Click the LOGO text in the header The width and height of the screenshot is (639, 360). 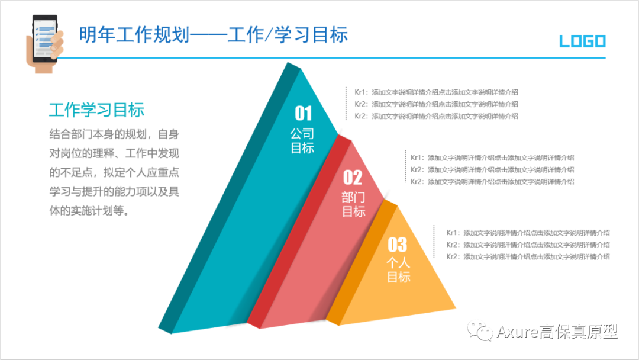[x=582, y=41]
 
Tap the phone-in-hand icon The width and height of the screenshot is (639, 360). [x=44, y=43]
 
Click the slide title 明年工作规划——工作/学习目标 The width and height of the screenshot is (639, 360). [x=214, y=35]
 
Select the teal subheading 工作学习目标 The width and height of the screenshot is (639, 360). [x=96, y=110]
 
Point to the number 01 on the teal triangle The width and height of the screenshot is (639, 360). [x=303, y=112]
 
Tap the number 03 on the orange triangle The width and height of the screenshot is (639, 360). [x=398, y=244]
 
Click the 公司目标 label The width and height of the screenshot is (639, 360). [x=302, y=141]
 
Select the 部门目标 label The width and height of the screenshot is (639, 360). [x=353, y=204]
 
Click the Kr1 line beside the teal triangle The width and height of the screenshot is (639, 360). [x=436, y=92]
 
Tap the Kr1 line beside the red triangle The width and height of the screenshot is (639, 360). [x=492, y=157]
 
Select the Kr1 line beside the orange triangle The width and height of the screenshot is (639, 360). [x=528, y=233]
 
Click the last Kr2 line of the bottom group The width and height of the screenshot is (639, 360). [x=528, y=256]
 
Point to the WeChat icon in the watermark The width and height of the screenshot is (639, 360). [x=480, y=332]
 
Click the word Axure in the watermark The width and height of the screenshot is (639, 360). [x=516, y=332]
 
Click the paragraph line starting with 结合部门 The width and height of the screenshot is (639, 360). [x=114, y=134]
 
